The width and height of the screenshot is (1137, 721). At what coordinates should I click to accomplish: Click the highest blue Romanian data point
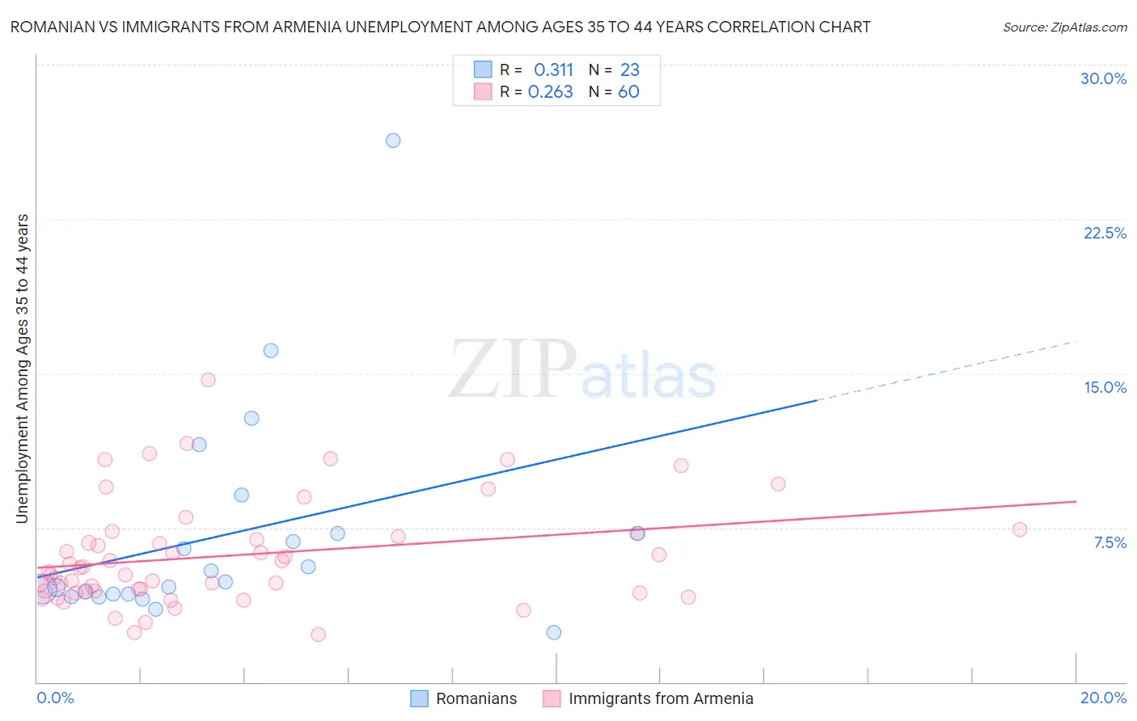[x=393, y=141]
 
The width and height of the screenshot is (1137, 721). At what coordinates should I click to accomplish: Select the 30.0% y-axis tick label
[x=1103, y=78]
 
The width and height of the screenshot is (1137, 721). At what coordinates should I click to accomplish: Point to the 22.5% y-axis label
[x=1105, y=233]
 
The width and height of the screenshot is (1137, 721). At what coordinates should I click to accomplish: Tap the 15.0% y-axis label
[x=1105, y=387]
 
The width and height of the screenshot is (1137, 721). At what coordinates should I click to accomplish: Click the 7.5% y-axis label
[x=1110, y=542]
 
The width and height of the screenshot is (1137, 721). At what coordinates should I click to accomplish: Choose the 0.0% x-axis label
[x=55, y=698]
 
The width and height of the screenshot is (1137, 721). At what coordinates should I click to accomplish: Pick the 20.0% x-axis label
[x=1103, y=698]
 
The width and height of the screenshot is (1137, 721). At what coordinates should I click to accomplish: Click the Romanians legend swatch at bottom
[x=419, y=698]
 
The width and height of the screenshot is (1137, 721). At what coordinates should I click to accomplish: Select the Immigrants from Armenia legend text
[x=661, y=698]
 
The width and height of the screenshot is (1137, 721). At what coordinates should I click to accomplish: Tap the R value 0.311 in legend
[x=553, y=70]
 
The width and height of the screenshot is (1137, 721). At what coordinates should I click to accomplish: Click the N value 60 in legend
[x=628, y=92]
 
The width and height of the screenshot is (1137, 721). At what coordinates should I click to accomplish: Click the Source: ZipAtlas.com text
[x=1064, y=27]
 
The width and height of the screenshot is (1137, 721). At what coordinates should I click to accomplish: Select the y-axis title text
[x=23, y=368]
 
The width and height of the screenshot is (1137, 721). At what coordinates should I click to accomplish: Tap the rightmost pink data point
[x=1020, y=529]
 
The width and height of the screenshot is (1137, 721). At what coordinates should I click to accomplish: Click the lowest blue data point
[x=554, y=632]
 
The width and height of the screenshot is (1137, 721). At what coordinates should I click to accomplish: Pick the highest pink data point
[x=208, y=380]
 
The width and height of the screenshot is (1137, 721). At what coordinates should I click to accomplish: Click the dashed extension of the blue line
[x=946, y=370]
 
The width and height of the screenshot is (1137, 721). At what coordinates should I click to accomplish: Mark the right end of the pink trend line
[x=1076, y=502]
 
